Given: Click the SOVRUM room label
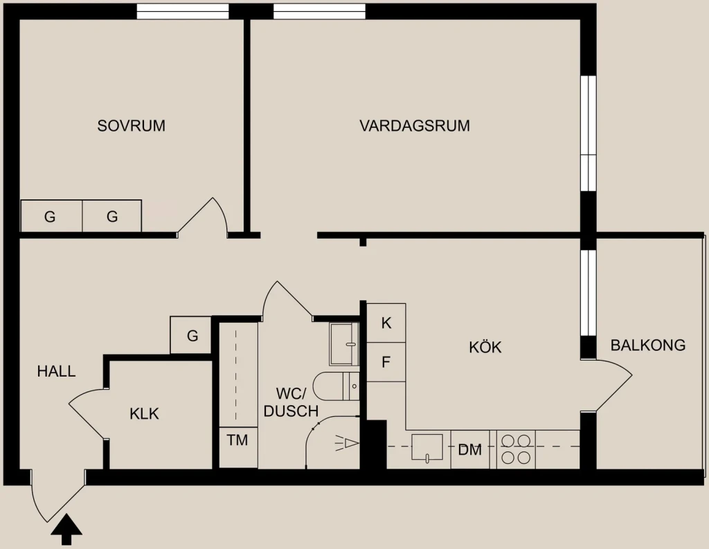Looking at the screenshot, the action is tap(131, 125).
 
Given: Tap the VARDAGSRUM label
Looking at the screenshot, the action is tap(415, 125).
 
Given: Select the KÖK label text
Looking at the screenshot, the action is tap(485, 347).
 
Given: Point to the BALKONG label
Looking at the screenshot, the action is tap(648, 345).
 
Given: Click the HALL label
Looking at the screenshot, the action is tap(56, 371).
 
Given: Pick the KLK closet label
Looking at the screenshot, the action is tap(144, 414).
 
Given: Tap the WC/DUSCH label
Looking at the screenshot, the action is tap(291, 402).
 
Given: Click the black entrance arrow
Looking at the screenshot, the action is tap(66, 529).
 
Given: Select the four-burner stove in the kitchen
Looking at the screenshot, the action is tap(516, 449).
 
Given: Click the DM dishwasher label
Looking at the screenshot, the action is tap(470, 450).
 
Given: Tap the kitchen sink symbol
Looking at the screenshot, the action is tap(427, 447).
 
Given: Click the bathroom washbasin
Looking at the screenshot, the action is tap(344, 344).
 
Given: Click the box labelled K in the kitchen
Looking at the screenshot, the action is tap(386, 323).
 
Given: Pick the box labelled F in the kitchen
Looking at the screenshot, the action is tap(386, 362).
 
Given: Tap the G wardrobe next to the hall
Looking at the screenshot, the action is tap(191, 335).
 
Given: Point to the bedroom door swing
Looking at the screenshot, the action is tap(202, 217).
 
